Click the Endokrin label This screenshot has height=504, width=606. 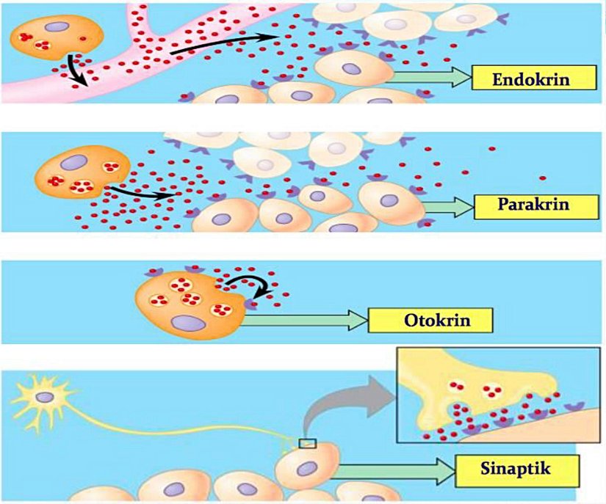tap(522, 78)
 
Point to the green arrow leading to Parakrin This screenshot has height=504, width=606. tap(447, 207)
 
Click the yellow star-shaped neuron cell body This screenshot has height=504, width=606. tap(45, 397)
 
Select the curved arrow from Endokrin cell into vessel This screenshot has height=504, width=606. tap(74, 70)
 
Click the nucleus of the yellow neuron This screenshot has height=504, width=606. tap(45, 397)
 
